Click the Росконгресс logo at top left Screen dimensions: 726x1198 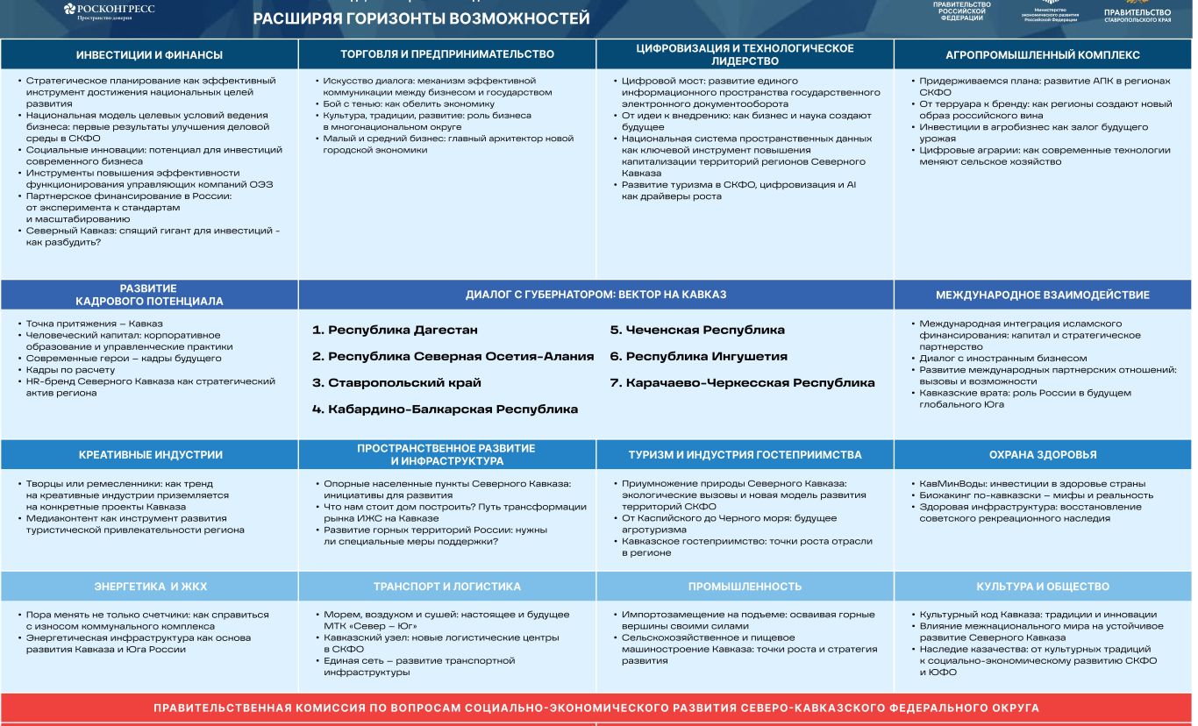(110, 11)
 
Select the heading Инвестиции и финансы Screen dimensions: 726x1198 (149, 55)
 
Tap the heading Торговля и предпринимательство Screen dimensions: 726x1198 (447, 54)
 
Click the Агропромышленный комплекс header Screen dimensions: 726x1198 (1043, 55)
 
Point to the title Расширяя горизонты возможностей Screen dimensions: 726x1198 (421, 19)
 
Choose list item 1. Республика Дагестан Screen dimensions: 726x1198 (395, 331)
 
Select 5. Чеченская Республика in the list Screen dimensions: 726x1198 (697, 331)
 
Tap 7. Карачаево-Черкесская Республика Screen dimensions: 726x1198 (742, 383)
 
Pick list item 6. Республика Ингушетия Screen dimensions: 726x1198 (698, 357)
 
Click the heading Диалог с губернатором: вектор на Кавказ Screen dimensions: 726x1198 (595, 295)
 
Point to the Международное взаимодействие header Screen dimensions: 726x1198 (1042, 295)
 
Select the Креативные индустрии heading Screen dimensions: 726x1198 (150, 455)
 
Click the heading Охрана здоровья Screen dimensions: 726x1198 (1042, 455)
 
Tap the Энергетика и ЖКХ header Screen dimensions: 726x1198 (150, 587)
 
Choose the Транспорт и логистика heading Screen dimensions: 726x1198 (447, 587)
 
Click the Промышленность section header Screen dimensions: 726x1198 (745, 587)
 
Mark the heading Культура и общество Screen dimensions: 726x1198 (1042, 587)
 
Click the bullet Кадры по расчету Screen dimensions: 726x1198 (70, 370)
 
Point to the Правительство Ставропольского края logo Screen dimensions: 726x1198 (1137, 12)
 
